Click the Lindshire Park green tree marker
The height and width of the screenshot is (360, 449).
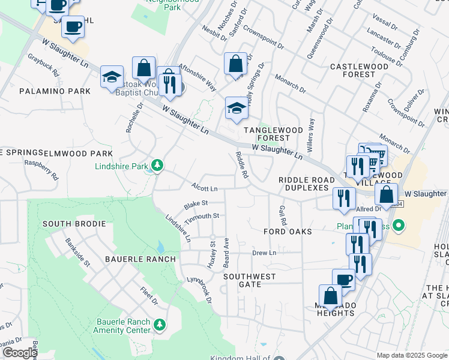point(157,165)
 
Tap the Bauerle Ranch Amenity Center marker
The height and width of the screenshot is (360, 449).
point(160,325)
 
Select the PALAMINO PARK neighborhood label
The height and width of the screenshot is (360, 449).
point(55,91)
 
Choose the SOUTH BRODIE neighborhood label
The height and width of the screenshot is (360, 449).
point(74,224)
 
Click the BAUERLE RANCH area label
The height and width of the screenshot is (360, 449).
point(132,259)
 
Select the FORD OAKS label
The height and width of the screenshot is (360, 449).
point(288,231)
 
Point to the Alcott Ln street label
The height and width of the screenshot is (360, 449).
point(204,187)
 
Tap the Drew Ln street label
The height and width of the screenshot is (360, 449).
point(264,253)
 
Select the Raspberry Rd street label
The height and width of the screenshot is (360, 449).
point(41,170)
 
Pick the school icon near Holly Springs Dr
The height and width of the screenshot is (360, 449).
point(237,109)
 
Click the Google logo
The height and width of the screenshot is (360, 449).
point(20,353)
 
